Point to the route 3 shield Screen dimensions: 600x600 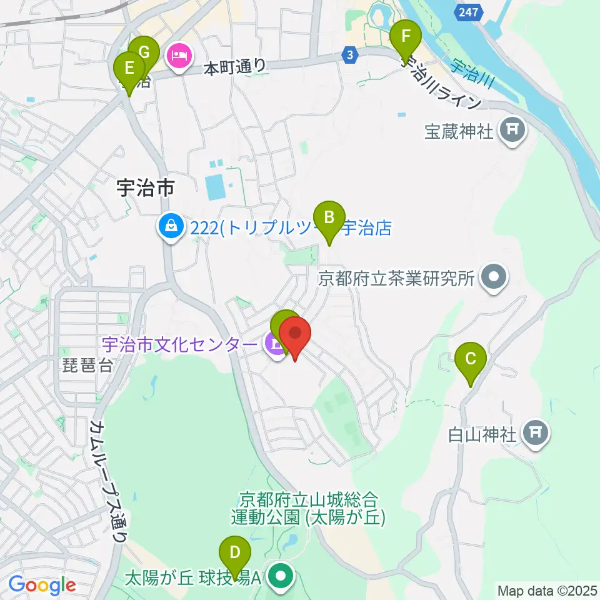click(351, 55)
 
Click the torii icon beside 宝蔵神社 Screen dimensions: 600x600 click(512, 131)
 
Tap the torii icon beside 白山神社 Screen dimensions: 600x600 click(535, 432)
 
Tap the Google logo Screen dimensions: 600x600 click(42, 586)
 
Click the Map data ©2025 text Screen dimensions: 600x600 click(546, 590)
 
